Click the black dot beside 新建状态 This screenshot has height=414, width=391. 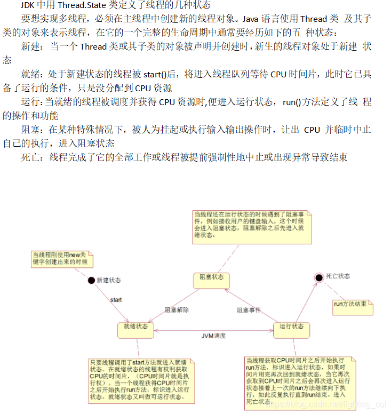(91, 280)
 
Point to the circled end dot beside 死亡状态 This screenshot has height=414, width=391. (318, 276)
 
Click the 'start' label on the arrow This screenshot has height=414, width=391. (116, 300)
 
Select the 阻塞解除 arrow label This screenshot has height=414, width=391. (177, 309)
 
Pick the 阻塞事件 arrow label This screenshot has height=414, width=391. (249, 309)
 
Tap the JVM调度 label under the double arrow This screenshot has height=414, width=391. (213, 336)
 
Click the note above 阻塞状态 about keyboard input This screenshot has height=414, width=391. (251, 225)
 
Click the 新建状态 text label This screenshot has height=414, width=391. (109, 280)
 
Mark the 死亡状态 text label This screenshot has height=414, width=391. (338, 276)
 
